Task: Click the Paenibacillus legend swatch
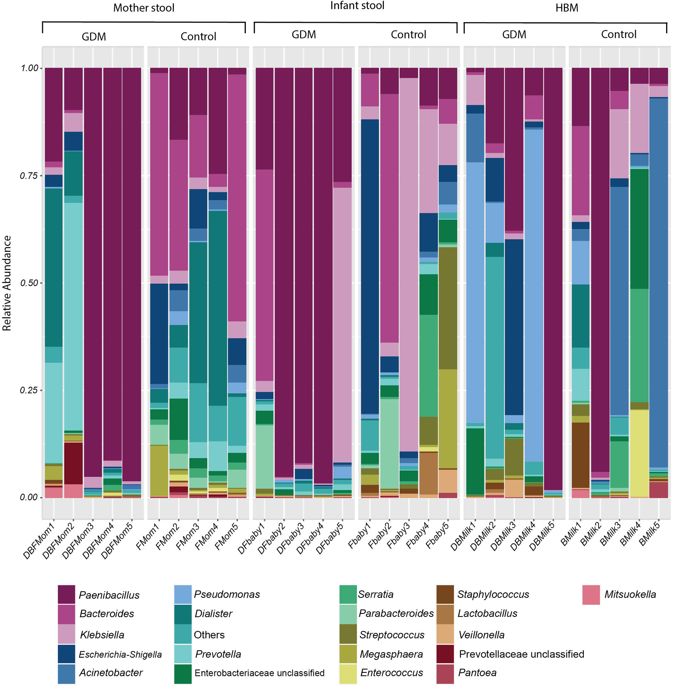coord(66,594)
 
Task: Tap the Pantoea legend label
coord(477,673)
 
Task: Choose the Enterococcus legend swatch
coord(348,673)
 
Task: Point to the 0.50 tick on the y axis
coord(29,283)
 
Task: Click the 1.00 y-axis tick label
coord(29,68)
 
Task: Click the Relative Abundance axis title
coord(7,283)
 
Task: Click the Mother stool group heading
coord(144,8)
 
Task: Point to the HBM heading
coord(567,8)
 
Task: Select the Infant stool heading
coord(357,6)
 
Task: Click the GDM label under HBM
coord(514,34)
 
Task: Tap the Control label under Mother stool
coord(198,36)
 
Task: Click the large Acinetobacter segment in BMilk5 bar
coord(659,283)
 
